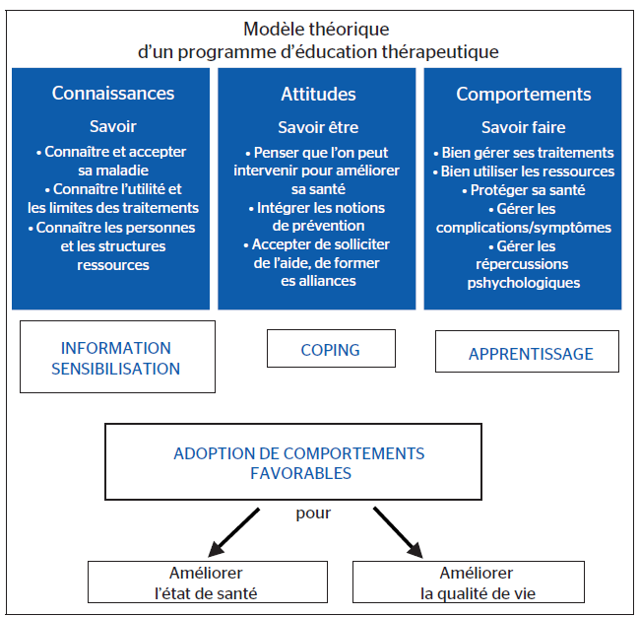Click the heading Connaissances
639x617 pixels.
113,95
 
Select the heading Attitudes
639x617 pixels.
318,95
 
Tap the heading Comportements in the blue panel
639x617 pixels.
523,95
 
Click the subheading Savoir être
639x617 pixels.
318,127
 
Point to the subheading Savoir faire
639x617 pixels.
523,127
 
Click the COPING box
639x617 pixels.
331,349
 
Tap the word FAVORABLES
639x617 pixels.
299,472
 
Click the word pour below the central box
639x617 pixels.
313,513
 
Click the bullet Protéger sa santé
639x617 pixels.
523,190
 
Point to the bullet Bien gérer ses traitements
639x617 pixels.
523,153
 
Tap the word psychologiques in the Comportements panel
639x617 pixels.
523,283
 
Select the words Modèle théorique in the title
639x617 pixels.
318,30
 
